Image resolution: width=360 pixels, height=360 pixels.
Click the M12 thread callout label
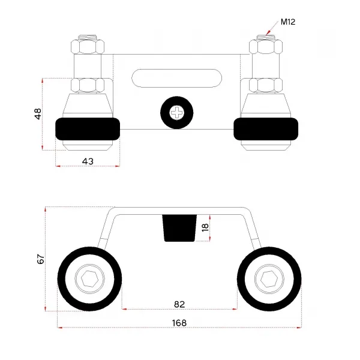coord(288,22)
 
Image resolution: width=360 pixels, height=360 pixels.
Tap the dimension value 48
coord(38,114)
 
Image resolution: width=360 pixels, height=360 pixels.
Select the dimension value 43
coord(88,161)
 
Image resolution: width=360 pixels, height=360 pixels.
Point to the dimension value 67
coord(41,259)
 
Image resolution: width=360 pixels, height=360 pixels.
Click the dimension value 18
coord(205,227)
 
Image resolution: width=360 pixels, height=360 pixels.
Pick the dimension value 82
coord(179,304)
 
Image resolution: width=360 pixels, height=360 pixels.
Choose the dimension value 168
coord(179,323)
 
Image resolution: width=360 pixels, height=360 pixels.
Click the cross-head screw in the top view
coord(177,113)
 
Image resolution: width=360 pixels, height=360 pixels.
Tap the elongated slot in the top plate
coord(177,78)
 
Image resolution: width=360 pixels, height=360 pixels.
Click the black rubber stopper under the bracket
coord(179,228)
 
